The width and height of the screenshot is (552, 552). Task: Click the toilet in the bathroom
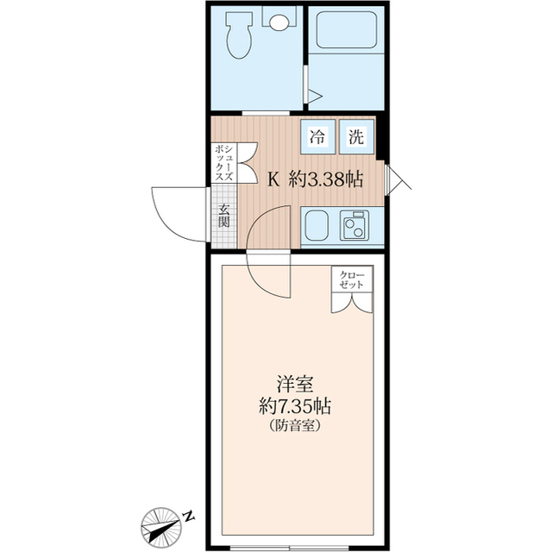click(x=238, y=36)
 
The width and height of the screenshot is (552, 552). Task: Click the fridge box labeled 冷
click(x=318, y=135)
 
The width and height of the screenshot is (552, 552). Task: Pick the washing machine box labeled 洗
click(x=355, y=135)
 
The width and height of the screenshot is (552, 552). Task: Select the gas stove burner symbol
click(x=354, y=226)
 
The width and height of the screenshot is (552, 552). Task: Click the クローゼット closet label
click(x=353, y=279)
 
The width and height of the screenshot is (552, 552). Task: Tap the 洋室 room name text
click(x=294, y=382)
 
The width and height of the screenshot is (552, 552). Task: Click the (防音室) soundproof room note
click(x=295, y=425)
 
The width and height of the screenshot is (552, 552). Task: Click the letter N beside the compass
click(x=188, y=516)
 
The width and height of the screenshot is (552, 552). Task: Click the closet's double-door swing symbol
click(x=353, y=303)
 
